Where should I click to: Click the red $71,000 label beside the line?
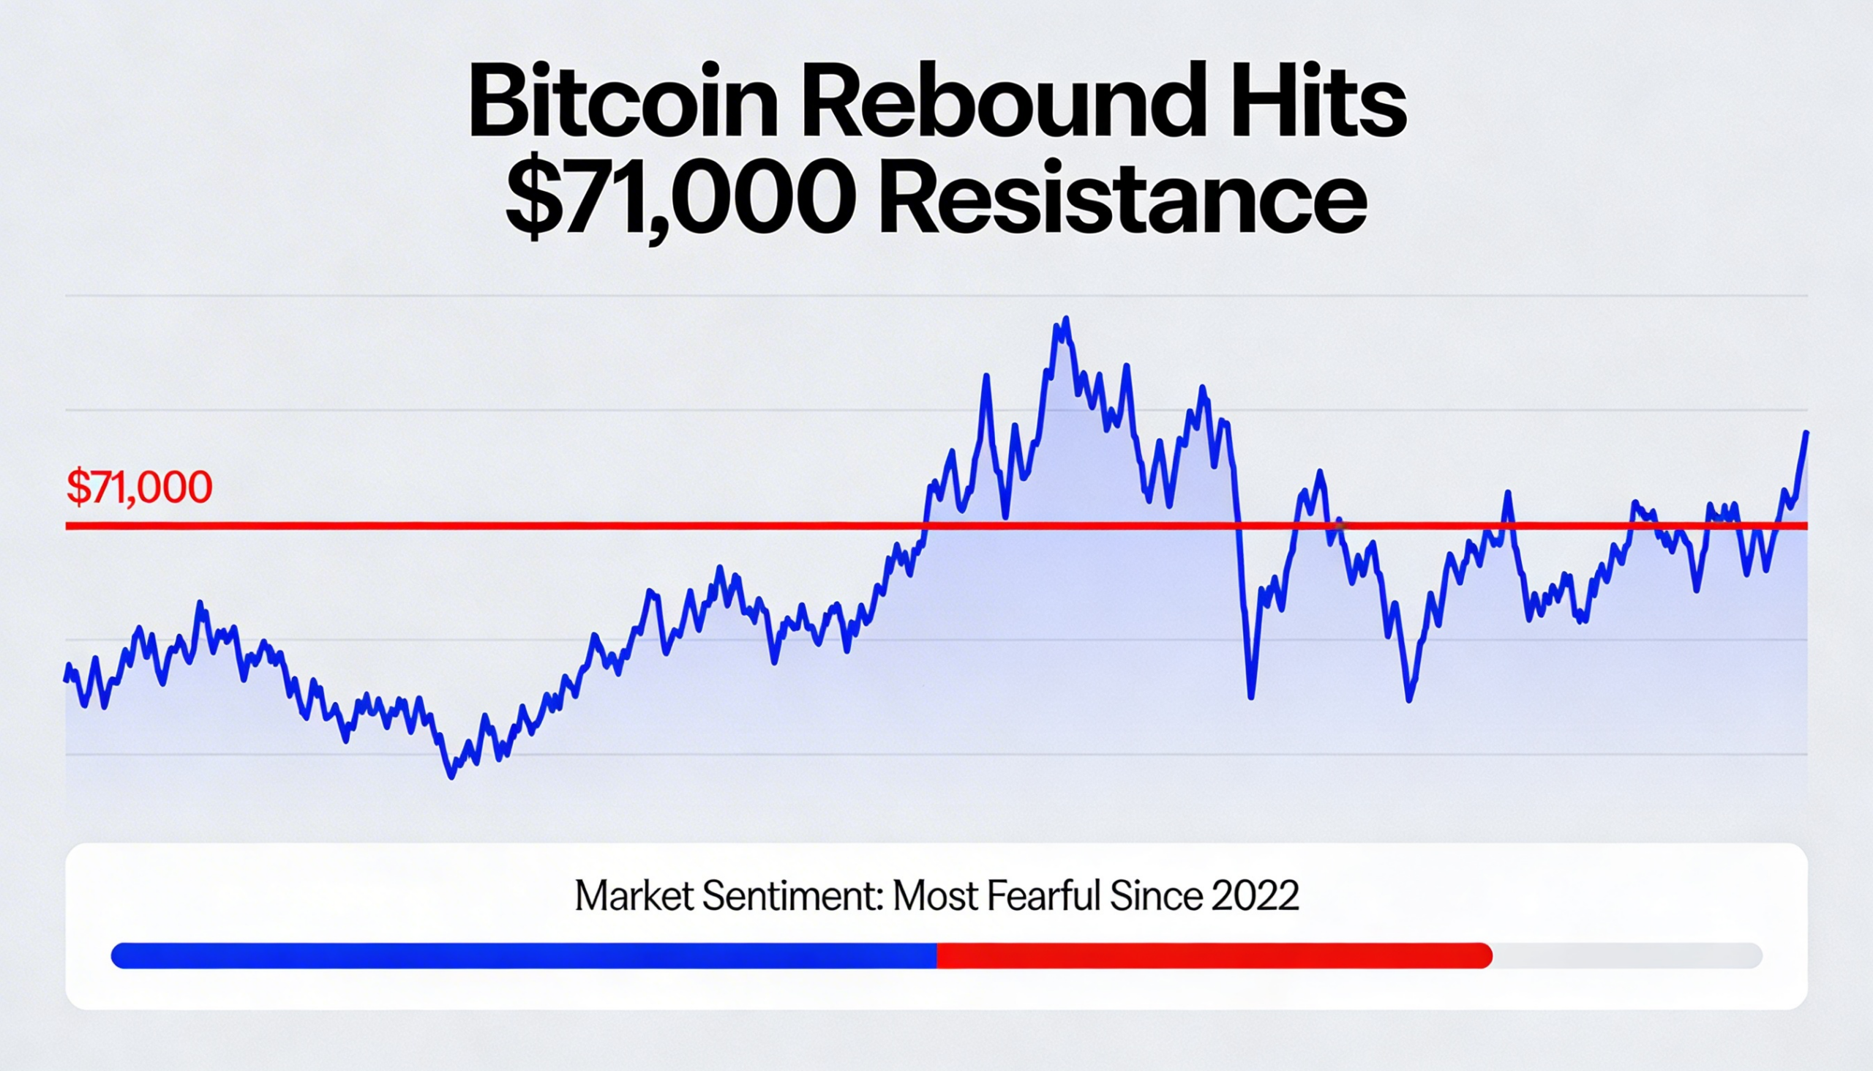click(139, 487)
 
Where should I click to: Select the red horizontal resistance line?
click(514, 526)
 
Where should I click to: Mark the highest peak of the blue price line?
click(1065, 320)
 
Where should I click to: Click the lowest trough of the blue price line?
click(451, 776)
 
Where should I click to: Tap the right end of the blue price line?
click(1806, 433)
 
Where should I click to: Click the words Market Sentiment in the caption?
click(729, 896)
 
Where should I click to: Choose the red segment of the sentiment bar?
click(1213, 955)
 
